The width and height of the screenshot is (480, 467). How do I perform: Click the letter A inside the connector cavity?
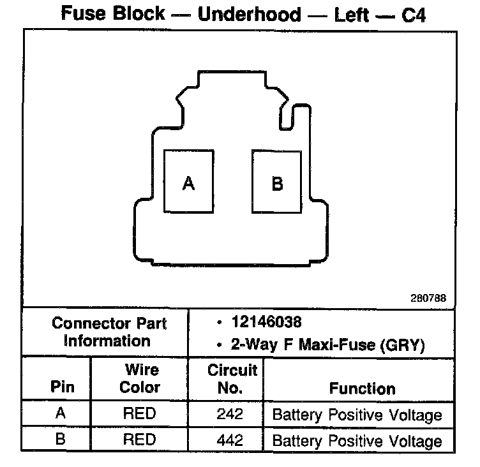tap(188, 184)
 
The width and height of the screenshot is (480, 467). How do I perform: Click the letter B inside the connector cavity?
tap(278, 184)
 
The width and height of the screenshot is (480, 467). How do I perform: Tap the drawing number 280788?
tap(430, 297)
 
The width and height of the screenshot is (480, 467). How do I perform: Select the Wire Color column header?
tap(140, 378)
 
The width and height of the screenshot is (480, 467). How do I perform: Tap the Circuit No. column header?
tap(232, 378)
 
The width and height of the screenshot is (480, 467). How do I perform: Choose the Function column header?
tap(362, 388)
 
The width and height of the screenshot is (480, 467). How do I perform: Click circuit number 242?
tap(230, 414)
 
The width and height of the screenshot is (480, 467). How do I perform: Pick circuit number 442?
tap(230, 440)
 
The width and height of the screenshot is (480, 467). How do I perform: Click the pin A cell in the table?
tap(61, 413)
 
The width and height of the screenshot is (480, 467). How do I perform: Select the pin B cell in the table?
tap(61, 440)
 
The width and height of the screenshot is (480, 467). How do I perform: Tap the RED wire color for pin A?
tap(139, 414)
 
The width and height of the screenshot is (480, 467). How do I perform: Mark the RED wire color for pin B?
tap(139, 440)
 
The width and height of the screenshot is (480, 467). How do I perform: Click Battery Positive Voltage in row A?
tap(357, 415)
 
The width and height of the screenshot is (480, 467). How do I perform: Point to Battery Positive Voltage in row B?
tap(357, 441)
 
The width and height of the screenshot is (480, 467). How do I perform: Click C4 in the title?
tap(413, 15)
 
